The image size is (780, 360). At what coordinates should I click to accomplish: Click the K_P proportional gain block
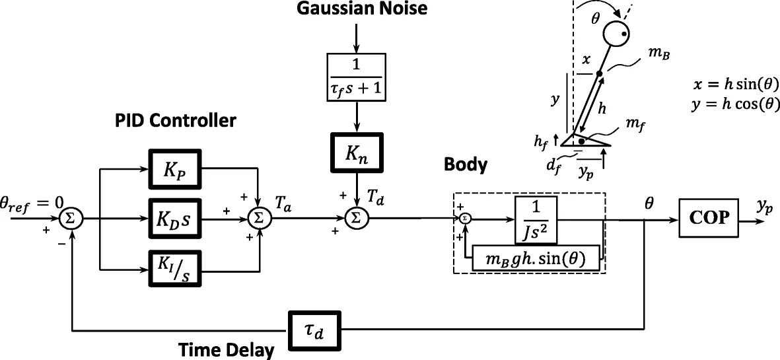(x=174, y=168)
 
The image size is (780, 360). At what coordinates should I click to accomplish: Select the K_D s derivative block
(x=174, y=217)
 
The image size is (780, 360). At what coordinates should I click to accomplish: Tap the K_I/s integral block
(x=174, y=269)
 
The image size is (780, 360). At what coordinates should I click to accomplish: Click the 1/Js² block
(x=537, y=217)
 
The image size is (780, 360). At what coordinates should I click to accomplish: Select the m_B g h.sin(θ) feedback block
(x=536, y=258)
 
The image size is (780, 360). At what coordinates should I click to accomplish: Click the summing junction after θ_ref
(x=71, y=217)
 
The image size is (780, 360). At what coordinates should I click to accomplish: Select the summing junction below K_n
(x=356, y=217)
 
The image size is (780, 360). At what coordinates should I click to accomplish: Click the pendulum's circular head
(x=618, y=33)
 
